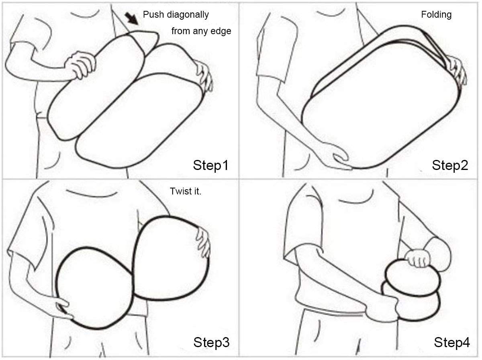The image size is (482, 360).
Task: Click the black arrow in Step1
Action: (x=131, y=18)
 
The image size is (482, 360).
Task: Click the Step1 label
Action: (x=210, y=165)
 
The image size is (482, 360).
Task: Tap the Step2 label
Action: (x=450, y=165)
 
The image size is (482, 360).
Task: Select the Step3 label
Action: (x=211, y=342)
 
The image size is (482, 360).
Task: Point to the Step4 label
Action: (x=452, y=342)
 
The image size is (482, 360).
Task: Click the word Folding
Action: (x=436, y=15)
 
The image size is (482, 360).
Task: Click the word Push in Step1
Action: (x=153, y=14)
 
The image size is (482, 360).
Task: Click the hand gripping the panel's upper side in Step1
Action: (x=80, y=64)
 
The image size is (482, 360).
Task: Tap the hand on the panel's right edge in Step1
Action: (x=204, y=76)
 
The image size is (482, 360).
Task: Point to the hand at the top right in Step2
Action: (x=456, y=71)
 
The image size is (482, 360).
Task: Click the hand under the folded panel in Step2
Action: (x=340, y=158)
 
